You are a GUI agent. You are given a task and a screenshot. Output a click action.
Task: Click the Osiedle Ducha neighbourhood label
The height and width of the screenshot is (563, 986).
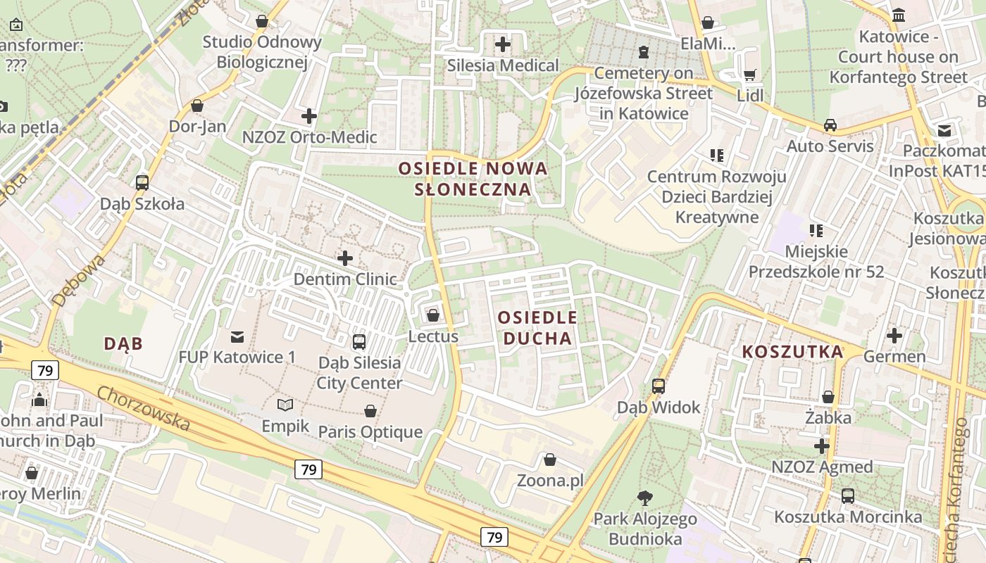pyautogui.click(x=537, y=328)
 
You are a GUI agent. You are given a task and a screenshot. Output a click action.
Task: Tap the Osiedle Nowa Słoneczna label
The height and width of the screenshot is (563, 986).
pyautogui.click(x=473, y=179)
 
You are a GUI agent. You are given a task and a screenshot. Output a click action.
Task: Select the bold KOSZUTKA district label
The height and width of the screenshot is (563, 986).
pyautogui.click(x=792, y=352)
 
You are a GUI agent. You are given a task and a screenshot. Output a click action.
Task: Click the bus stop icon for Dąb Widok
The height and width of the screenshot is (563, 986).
pyautogui.click(x=659, y=386)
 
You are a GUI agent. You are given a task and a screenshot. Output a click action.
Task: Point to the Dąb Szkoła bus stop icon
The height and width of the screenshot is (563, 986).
pyautogui.click(x=142, y=183)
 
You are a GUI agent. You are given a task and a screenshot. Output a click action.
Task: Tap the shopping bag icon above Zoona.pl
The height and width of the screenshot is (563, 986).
pyautogui.click(x=550, y=460)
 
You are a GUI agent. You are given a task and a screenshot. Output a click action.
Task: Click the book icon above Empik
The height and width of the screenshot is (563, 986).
pyautogui.click(x=285, y=405)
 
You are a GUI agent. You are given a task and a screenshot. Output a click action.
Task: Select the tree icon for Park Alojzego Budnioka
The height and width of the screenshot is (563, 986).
pyautogui.click(x=644, y=498)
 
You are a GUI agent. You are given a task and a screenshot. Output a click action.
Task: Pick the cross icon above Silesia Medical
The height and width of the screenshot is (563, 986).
pyautogui.click(x=502, y=44)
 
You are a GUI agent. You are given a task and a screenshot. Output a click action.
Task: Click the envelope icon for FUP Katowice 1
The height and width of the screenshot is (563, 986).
pyautogui.click(x=237, y=336)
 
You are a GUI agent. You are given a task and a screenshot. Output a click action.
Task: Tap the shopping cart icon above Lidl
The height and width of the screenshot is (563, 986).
pyautogui.click(x=750, y=74)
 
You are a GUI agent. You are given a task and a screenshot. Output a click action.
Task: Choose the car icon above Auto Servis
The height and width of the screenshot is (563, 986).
pyautogui.click(x=830, y=125)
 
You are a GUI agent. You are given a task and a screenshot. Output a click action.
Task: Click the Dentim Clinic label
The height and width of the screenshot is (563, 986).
pyautogui.click(x=345, y=279)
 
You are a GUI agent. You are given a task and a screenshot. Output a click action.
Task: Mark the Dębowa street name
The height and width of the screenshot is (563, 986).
pyautogui.click(x=78, y=280)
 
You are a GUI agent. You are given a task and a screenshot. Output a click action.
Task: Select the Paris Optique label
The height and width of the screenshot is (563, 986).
pyautogui.click(x=370, y=431)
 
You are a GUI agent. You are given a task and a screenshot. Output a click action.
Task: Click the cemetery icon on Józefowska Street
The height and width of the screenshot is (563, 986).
pyautogui.click(x=643, y=51)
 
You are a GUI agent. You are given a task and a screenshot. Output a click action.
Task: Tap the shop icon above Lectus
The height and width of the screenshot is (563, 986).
pyautogui.click(x=433, y=315)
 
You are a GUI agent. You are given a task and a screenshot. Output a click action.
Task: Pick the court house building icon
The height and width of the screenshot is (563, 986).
pyautogui.click(x=899, y=15)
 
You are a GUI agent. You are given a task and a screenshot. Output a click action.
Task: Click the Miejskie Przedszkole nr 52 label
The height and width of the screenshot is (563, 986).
pyautogui.click(x=816, y=261)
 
